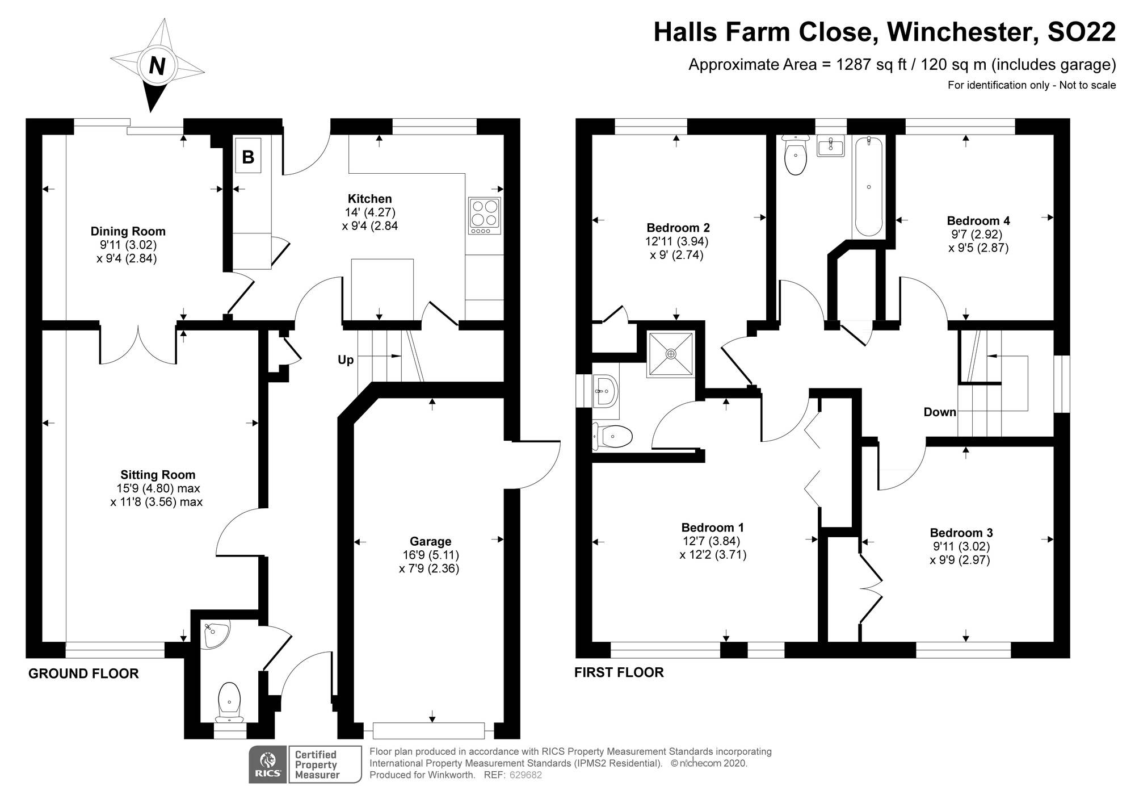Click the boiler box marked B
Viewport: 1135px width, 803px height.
pyautogui.click(x=248, y=156)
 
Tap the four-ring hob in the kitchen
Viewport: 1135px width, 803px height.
pyautogui.click(x=485, y=215)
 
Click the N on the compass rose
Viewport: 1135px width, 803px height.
pyautogui.click(x=157, y=66)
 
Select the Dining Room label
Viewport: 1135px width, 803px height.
pyautogui.click(x=128, y=231)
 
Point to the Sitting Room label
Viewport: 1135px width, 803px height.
pyautogui.click(x=157, y=475)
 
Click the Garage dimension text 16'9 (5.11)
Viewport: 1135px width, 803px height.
pyautogui.click(x=430, y=555)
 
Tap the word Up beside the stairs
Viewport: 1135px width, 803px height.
pyautogui.click(x=346, y=359)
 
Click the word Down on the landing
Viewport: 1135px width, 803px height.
pyautogui.click(x=940, y=412)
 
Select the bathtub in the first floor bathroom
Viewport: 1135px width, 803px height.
pyautogui.click(x=868, y=187)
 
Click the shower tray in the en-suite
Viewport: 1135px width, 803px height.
pyautogui.click(x=671, y=354)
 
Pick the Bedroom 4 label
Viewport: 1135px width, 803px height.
pyautogui.click(x=978, y=220)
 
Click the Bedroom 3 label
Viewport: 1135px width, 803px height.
pyautogui.click(x=961, y=533)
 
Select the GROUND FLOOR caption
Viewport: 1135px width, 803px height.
pyautogui.click(x=83, y=674)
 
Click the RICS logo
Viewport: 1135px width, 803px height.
pyautogui.click(x=268, y=765)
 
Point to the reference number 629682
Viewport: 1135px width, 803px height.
pyautogui.click(x=526, y=775)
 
